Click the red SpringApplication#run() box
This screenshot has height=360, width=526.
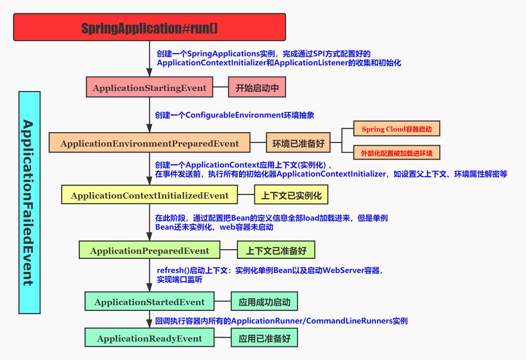150,27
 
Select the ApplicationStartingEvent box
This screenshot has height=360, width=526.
150,87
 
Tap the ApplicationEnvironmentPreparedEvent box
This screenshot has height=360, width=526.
150,143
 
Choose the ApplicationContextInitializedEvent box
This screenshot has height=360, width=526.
150,195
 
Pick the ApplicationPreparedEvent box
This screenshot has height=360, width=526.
150,250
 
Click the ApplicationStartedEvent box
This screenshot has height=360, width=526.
150,302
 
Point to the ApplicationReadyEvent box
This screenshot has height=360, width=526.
150,338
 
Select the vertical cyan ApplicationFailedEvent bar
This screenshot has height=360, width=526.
29,203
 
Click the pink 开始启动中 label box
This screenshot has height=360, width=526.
257,87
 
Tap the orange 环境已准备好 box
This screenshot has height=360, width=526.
298,143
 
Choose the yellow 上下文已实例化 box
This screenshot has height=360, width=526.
291,195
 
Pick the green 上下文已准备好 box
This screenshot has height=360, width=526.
276,250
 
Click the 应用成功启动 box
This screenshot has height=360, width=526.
264,302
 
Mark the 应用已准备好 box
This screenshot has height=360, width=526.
264,338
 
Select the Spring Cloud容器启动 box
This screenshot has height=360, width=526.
397,129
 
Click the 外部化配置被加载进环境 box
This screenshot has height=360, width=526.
397,153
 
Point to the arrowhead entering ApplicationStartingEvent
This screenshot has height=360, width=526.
150,72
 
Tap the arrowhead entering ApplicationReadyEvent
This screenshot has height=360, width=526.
150,324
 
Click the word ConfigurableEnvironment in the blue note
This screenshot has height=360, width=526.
234,115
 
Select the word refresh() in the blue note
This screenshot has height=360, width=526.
173,270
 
